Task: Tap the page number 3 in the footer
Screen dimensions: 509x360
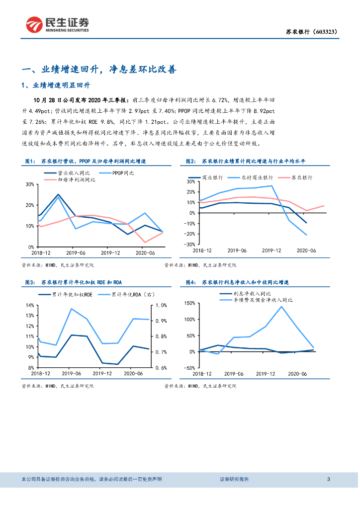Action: tap(329, 479)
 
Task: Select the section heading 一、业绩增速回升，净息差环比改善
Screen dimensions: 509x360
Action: tap(99, 70)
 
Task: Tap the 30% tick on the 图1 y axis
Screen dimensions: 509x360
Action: tap(29, 184)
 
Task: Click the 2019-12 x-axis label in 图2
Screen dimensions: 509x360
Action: tap(271, 251)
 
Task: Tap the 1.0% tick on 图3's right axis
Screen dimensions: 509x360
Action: tap(161, 305)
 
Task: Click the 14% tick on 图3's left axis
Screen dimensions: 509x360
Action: tap(29, 305)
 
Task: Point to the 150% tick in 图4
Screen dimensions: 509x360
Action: tap(189, 303)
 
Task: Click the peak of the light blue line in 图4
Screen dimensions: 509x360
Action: tap(281, 306)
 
